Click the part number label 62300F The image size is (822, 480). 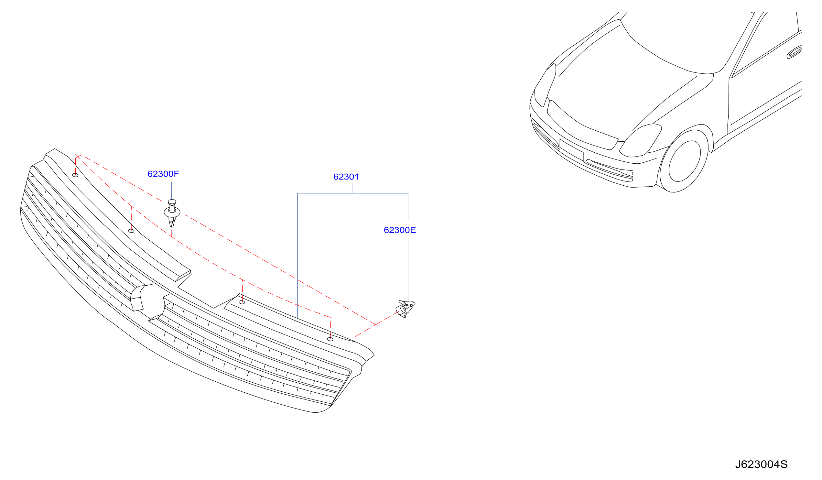163,174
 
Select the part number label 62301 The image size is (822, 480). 346,177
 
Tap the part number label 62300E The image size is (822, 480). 400,230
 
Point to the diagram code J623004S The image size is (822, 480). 761,464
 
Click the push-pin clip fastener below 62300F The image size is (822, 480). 172,213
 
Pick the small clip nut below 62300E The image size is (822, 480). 405,308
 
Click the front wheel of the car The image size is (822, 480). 684,161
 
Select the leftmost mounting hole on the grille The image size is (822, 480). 75,175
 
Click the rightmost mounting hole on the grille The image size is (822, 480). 330,339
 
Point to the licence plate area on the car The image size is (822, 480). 571,150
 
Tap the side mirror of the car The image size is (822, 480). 795,52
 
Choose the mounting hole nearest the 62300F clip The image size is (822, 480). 132,231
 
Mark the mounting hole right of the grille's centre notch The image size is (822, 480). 242,302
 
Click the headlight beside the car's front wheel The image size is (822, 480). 640,141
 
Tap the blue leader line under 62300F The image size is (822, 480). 172,191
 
